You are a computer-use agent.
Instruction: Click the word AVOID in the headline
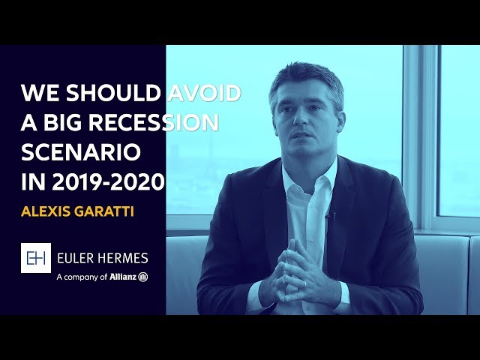point(204,93)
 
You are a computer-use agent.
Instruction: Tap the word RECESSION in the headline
point(154,122)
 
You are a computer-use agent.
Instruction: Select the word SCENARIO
point(81,152)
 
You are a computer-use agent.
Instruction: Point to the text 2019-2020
point(109,181)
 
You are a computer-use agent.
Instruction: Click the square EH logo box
point(36,258)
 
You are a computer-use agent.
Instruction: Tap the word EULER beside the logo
point(75,258)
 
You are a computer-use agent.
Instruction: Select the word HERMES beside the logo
point(123,258)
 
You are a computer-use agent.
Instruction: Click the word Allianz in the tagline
point(123,277)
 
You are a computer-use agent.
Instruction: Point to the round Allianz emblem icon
point(143,277)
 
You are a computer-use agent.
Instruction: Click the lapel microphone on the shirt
point(329,217)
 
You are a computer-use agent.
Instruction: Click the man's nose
point(301,118)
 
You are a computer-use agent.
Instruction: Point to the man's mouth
point(302,134)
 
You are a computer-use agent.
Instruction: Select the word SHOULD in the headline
point(113,93)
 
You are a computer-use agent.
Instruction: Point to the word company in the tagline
point(82,277)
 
